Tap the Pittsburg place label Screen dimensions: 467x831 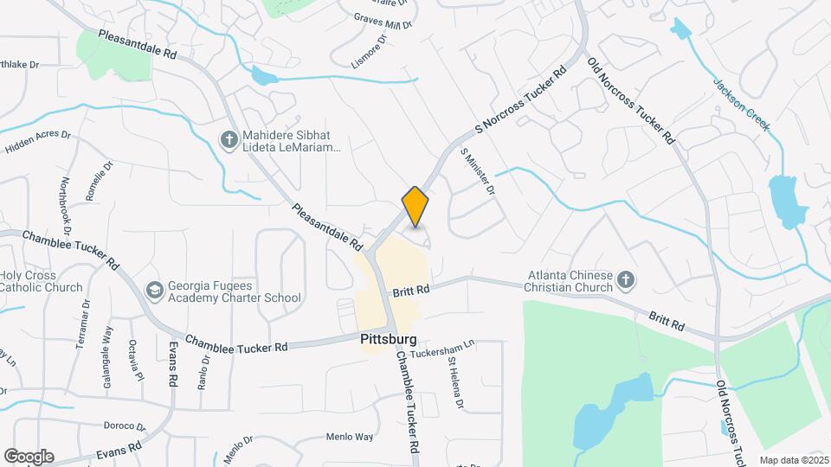[389, 340]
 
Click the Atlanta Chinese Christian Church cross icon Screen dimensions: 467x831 [626, 281]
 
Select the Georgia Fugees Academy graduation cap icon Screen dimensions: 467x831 [155, 291]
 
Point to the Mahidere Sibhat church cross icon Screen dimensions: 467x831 [229, 140]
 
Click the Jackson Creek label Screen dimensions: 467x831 [741, 106]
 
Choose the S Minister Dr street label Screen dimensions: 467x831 [477, 170]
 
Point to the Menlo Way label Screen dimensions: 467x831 [350, 437]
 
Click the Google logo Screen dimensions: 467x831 [29, 457]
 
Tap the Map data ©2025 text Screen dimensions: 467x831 [793, 460]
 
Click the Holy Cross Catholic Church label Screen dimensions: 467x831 [41, 281]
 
